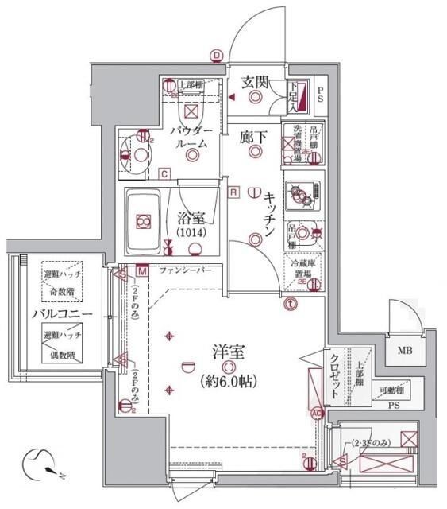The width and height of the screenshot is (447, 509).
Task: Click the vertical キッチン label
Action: (x=271, y=214)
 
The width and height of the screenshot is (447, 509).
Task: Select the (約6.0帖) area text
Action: (x=228, y=381)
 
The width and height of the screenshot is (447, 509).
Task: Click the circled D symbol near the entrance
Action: (x=216, y=55)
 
